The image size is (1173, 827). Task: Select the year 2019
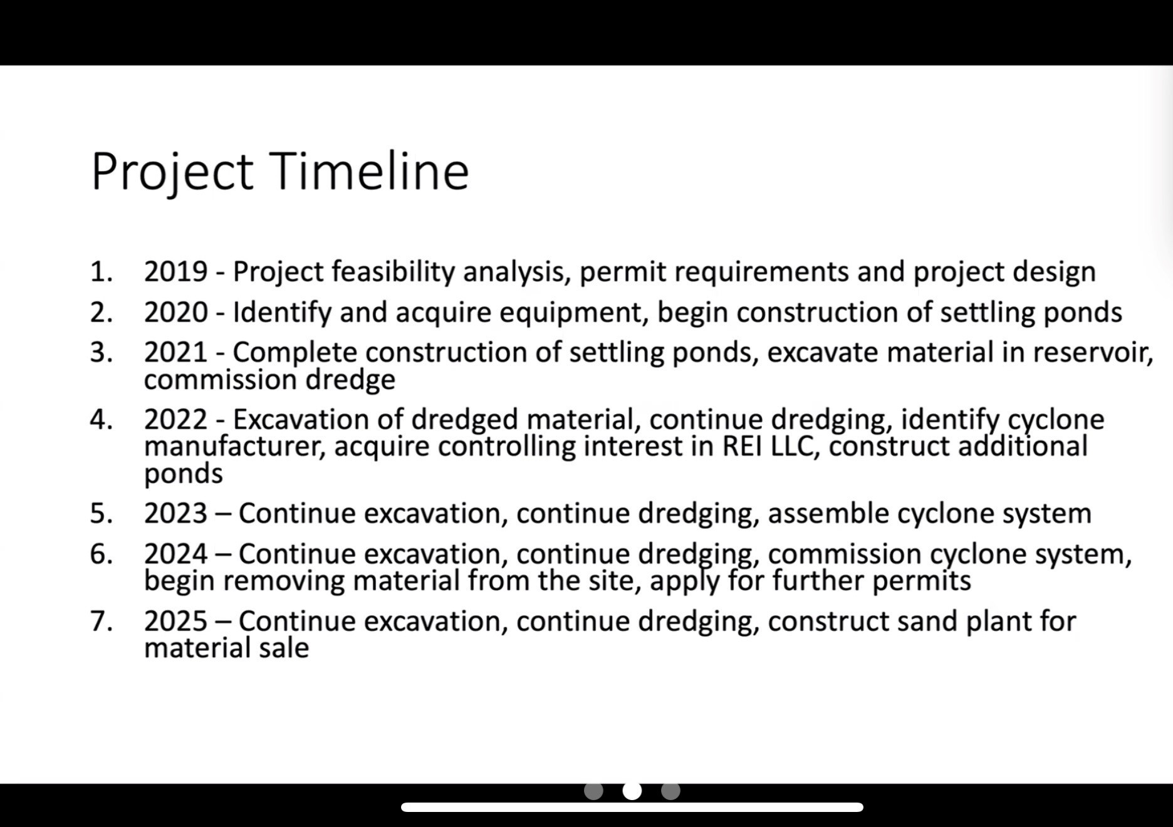click(175, 272)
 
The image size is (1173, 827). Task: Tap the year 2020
click(175, 312)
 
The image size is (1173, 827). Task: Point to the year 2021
click(175, 352)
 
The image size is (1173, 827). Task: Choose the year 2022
click(175, 419)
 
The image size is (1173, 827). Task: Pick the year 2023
click(175, 513)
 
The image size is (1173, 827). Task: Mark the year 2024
click(175, 554)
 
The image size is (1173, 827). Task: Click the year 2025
click(175, 621)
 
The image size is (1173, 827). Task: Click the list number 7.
click(101, 621)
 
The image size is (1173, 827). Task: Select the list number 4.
click(101, 419)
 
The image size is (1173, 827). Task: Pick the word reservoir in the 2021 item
click(1093, 352)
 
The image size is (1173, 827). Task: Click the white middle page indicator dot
click(632, 791)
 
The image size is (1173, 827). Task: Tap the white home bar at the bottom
click(632, 808)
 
